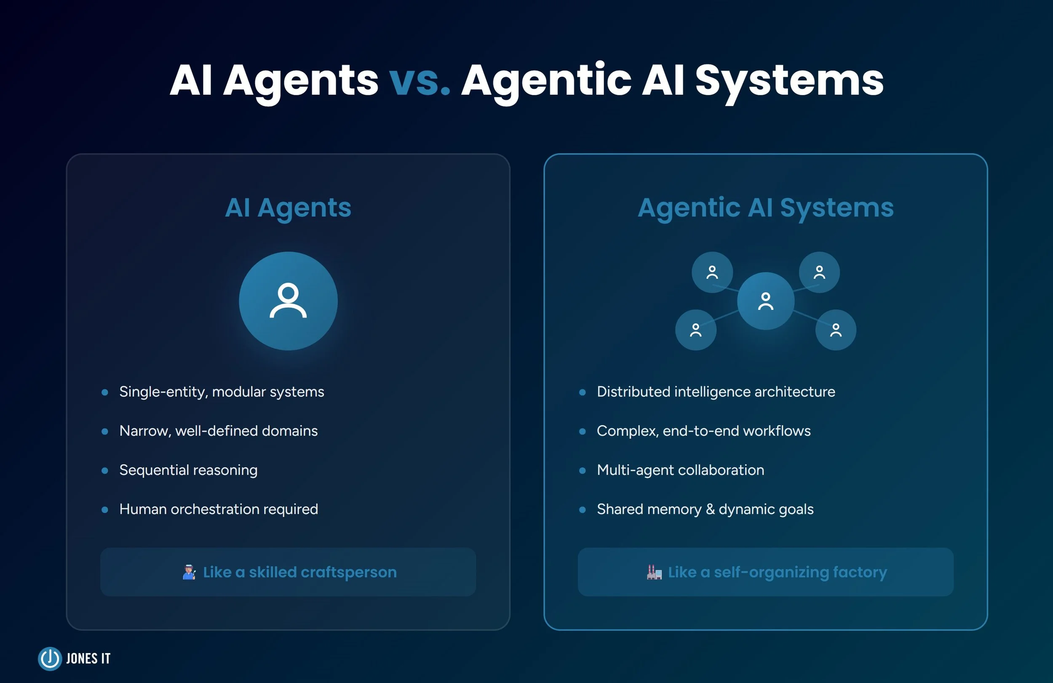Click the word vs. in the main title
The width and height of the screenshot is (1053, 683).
[419, 81]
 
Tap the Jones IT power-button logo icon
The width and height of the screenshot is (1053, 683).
[50, 659]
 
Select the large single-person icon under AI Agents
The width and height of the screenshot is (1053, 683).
[288, 301]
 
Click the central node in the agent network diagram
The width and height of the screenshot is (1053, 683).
[765, 301]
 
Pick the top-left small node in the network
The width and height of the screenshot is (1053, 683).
[712, 272]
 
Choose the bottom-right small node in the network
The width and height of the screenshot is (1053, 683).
[835, 330]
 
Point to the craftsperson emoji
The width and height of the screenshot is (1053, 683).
[189, 572]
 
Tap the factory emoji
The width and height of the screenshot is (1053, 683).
[654, 572]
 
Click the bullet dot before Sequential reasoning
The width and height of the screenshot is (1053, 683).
[105, 471]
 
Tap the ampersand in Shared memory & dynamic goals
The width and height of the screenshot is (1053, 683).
[710, 509]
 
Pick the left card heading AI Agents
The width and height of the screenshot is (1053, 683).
[288, 208]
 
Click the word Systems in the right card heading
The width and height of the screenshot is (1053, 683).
[837, 208]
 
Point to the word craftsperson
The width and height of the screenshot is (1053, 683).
[348, 572]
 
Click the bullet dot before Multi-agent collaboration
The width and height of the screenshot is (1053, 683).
[582, 471]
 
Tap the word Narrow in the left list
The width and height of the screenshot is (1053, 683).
[144, 431]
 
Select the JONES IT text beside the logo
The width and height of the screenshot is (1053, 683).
[88, 659]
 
